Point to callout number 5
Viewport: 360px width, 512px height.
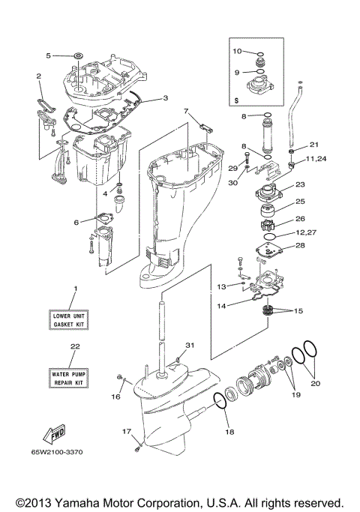pyautogui.click(x=49, y=55)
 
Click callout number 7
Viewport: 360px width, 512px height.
pyautogui.click(x=185, y=112)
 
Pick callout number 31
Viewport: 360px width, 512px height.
pyautogui.click(x=190, y=345)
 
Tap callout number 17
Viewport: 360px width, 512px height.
pyautogui.click(x=127, y=431)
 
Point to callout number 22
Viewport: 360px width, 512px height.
pyautogui.click(x=74, y=346)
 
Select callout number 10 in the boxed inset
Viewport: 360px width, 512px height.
pyautogui.click(x=236, y=52)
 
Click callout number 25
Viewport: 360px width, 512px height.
pyautogui.click(x=298, y=202)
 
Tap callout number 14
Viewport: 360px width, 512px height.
pyautogui.click(x=222, y=306)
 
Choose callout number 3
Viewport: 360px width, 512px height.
pyautogui.click(x=165, y=97)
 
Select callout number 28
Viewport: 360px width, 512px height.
pyautogui.click(x=298, y=245)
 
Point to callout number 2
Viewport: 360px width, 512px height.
pyautogui.click(x=38, y=76)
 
